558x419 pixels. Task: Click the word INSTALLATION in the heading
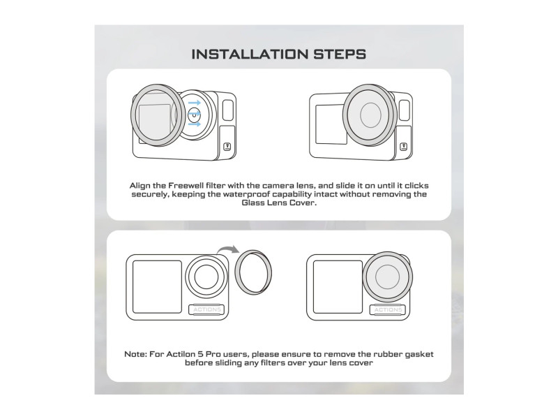tap(250, 54)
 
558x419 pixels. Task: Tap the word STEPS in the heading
tap(340, 54)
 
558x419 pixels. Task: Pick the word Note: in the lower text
tap(135, 355)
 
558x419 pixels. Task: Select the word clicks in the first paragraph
tap(416, 186)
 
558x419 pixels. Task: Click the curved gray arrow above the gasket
tap(228, 249)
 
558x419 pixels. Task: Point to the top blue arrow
tap(195, 103)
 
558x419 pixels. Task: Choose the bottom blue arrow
tap(195, 124)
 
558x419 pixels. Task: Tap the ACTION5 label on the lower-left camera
tap(207, 309)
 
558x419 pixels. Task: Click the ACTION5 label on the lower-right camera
tap(388, 309)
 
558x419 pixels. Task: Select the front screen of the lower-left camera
tap(157, 287)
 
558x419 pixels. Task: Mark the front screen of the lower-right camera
tap(338, 287)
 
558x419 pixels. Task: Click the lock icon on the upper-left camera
tap(227, 147)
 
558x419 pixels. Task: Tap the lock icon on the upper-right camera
tap(404, 147)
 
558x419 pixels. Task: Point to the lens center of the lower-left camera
tap(206, 277)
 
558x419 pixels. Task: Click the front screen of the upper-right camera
tap(331, 124)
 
